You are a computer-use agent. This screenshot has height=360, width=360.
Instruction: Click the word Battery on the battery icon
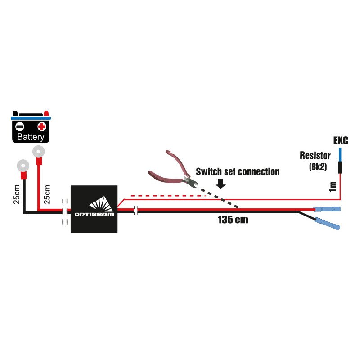pos(31,137)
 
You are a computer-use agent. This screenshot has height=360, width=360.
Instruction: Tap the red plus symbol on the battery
pos(41,126)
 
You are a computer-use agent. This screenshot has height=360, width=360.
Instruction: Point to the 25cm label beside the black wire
pos(16,194)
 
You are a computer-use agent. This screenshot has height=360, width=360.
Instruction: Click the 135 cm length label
pos(233,220)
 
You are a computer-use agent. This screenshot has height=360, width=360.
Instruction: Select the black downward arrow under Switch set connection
pos(221,183)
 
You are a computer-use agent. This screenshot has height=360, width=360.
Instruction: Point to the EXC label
pos(341,141)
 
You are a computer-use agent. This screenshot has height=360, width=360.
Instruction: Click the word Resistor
pos(315,156)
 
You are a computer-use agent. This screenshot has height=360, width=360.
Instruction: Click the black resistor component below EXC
pos(340,167)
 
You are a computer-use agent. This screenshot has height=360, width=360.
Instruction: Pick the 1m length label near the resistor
pos(333,186)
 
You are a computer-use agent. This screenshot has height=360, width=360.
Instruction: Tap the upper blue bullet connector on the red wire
pos(327,210)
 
